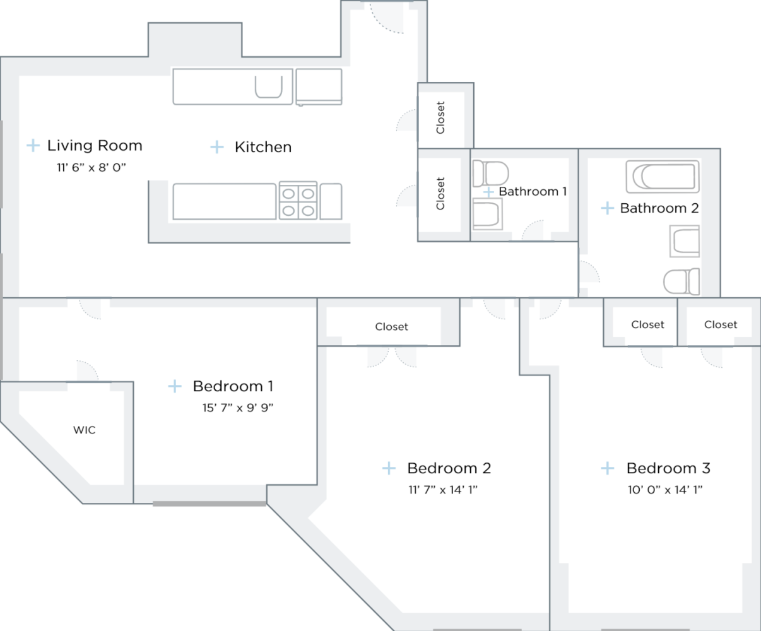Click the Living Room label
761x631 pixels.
[x=95, y=146]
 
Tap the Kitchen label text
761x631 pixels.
[x=263, y=147]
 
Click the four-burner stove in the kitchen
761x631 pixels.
[x=298, y=201]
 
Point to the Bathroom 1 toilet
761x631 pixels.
[x=490, y=172]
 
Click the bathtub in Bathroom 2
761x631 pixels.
[x=662, y=177]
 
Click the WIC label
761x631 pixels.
[x=85, y=430]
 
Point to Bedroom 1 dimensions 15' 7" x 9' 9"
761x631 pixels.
[x=237, y=408]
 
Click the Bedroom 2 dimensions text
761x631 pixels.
[x=442, y=490]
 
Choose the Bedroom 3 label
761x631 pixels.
[x=668, y=468]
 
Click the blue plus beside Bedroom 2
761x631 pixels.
[x=389, y=468]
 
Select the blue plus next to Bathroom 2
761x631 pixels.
[x=607, y=208]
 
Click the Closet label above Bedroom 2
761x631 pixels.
[x=391, y=327]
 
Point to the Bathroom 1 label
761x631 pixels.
[x=533, y=191]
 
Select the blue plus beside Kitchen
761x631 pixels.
[x=217, y=147]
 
